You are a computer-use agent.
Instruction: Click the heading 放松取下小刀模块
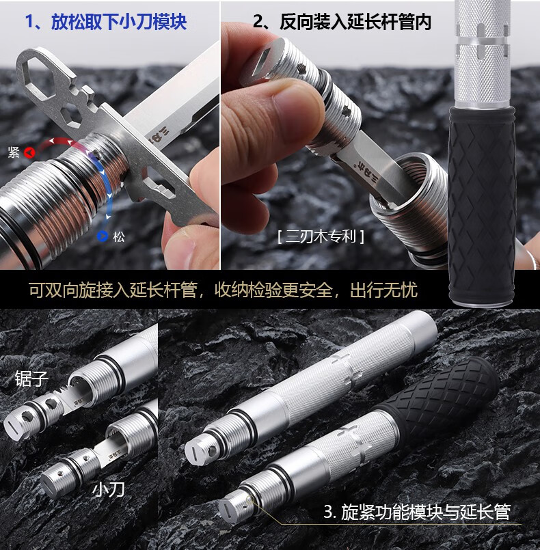tap(118, 21)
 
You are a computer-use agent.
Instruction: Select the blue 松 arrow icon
tap(103, 237)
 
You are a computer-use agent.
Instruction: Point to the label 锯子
tap(31, 379)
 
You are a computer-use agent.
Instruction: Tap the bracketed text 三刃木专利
tap(321, 236)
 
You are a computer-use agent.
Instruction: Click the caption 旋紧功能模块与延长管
tap(426, 511)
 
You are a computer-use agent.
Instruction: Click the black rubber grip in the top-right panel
tap(482, 205)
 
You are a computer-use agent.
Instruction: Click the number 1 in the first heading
tap(31, 21)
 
